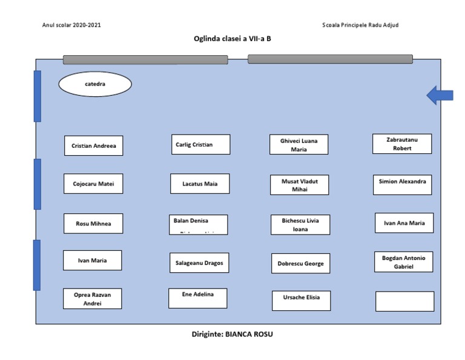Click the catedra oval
pos(94,84)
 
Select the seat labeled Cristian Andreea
pos(93,146)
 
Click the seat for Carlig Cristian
pos(200,145)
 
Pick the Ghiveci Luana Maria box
pos(299,145)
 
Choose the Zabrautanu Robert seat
pos(402,144)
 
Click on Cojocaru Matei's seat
pos(93,184)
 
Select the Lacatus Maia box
pos(200,184)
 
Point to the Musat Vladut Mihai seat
pos(299,185)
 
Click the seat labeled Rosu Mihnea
pos(93,224)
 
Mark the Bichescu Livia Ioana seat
pos(300,225)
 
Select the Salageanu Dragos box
pos(199,263)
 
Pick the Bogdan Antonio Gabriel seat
pos(403,262)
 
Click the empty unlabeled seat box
pos(404,301)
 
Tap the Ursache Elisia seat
pos(301,301)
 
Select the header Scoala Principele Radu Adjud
pos(361,25)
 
